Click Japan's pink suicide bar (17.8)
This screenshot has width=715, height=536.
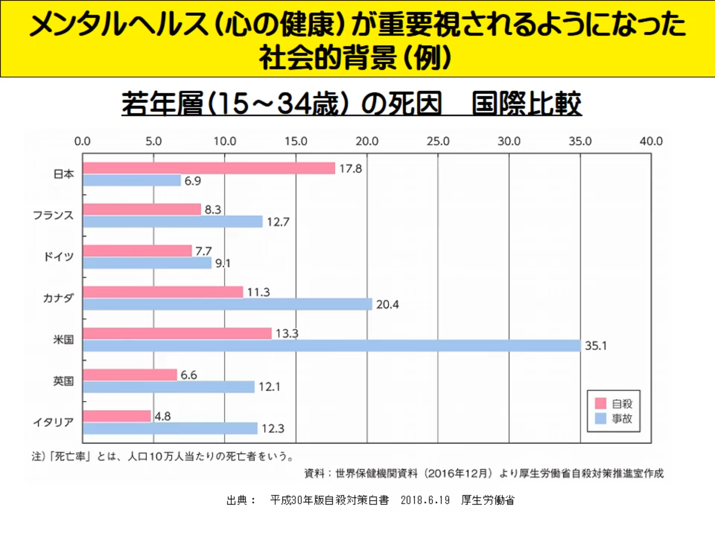click(209, 168)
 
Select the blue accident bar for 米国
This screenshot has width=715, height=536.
click(332, 345)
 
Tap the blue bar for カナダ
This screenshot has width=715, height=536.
click(227, 304)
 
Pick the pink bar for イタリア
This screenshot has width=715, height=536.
click(117, 416)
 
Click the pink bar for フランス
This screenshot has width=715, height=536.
click(142, 209)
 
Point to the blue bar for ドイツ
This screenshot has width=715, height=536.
click(147, 263)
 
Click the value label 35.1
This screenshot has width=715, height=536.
click(595, 345)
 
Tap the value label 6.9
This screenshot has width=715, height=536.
click(193, 181)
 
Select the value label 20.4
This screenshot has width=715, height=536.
click(387, 304)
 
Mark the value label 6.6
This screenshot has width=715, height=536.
click(189, 375)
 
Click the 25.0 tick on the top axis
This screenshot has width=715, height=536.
click(438, 141)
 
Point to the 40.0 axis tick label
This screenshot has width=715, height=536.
click(651, 141)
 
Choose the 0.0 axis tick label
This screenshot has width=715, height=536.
click(82, 141)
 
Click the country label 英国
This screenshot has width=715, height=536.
click(64, 381)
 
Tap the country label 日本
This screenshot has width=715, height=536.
click(64, 174)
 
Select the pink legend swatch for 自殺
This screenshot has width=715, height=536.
click(600, 403)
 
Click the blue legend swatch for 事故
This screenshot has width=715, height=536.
click(600, 418)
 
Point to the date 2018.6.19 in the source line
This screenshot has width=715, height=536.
click(425, 500)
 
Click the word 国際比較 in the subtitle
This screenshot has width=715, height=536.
click(526, 104)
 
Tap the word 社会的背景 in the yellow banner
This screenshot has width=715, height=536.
click(328, 58)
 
